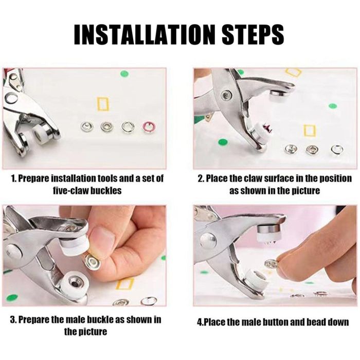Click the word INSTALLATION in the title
(x=146, y=34)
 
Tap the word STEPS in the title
(x=253, y=34)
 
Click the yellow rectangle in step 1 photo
(x=103, y=104)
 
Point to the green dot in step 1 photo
(x=124, y=74)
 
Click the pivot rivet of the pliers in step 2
(x=226, y=95)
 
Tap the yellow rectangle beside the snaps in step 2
(x=310, y=131)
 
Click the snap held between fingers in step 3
(x=92, y=262)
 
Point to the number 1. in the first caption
(x=13, y=178)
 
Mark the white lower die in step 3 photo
(x=74, y=285)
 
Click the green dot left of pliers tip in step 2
(x=223, y=142)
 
